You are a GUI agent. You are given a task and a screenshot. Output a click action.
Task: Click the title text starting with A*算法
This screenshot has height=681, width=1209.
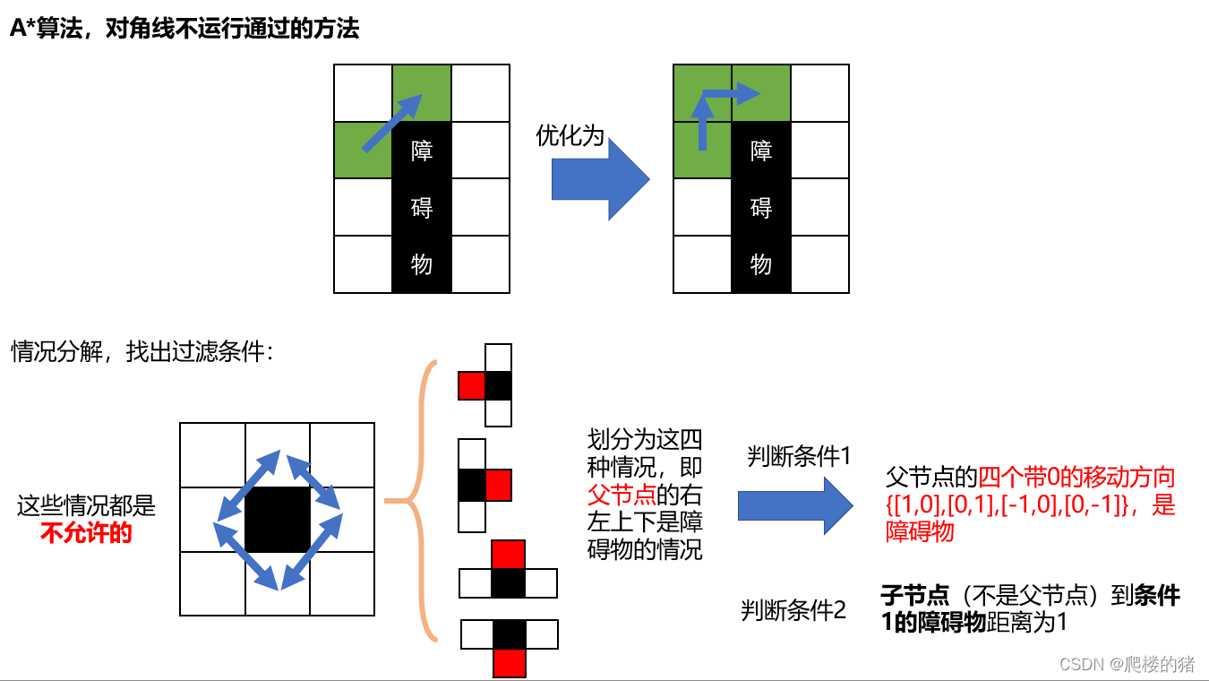point(184,29)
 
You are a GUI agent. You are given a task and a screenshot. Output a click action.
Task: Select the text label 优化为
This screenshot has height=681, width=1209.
point(570,135)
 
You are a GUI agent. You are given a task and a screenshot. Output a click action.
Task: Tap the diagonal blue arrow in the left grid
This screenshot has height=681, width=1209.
point(391,123)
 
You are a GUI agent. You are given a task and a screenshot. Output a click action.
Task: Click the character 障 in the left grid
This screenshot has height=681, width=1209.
point(422,150)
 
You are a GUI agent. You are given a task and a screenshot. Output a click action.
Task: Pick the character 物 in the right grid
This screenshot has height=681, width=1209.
point(761,264)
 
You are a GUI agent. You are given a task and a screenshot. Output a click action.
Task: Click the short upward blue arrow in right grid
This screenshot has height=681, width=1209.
point(702,125)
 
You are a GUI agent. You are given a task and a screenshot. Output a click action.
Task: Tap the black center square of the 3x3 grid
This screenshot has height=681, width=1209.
point(278,520)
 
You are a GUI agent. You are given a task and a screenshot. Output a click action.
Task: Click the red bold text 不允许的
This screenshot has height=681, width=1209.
point(86,534)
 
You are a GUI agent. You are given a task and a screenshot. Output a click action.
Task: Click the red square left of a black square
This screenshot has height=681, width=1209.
point(471,386)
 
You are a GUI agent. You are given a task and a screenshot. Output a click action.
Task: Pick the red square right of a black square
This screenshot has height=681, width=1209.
point(498,485)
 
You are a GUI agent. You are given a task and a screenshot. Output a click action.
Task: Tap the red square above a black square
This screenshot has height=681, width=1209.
point(509,554)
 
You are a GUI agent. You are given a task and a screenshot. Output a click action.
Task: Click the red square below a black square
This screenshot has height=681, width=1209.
point(510,663)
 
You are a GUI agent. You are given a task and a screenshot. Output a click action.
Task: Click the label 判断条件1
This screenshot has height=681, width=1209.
point(798,456)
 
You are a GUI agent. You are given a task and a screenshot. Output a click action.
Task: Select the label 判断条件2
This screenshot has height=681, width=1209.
point(793,610)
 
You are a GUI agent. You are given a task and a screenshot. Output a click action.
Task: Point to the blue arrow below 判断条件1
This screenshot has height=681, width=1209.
point(794,505)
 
